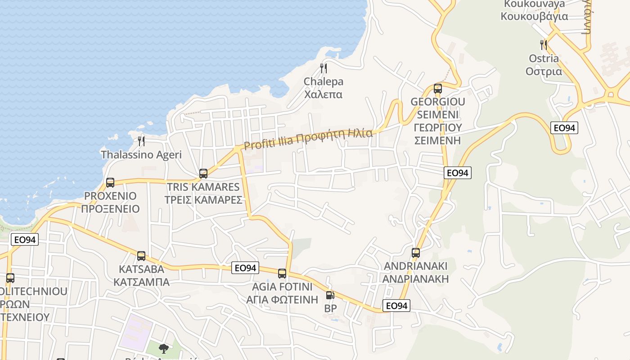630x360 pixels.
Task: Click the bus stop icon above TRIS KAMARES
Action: (x=203, y=174)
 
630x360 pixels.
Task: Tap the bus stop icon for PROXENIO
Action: (x=110, y=183)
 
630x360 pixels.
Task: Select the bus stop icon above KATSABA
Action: (x=141, y=256)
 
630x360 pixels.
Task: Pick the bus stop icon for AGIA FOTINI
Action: (x=282, y=273)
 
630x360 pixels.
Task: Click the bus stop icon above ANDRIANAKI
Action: (x=416, y=253)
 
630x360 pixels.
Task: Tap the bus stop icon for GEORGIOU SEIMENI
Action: (x=438, y=89)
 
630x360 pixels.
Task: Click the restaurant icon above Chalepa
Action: (x=323, y=68)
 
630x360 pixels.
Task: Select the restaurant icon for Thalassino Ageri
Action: (x=141, y=141)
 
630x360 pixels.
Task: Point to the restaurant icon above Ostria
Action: (x=544, y=45)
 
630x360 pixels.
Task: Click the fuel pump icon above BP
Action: (x=330, y=296)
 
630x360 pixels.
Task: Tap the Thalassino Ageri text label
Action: (x=141, y=155)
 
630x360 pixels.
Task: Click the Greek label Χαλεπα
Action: (x=323, y=94)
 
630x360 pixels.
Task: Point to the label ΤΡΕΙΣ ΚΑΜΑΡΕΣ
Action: (x=203, y=200)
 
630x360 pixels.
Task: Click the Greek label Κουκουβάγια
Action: (x=534, y=17)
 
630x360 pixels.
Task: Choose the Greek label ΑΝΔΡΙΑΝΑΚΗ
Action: (x=416, y=279)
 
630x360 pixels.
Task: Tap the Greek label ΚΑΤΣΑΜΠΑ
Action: (x=141, y=282)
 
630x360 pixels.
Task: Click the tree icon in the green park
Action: (x=164, y=348)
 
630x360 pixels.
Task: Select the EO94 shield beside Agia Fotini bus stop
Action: (x=245, y=268)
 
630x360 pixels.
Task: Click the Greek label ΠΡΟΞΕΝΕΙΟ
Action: (x=110, y=209)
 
